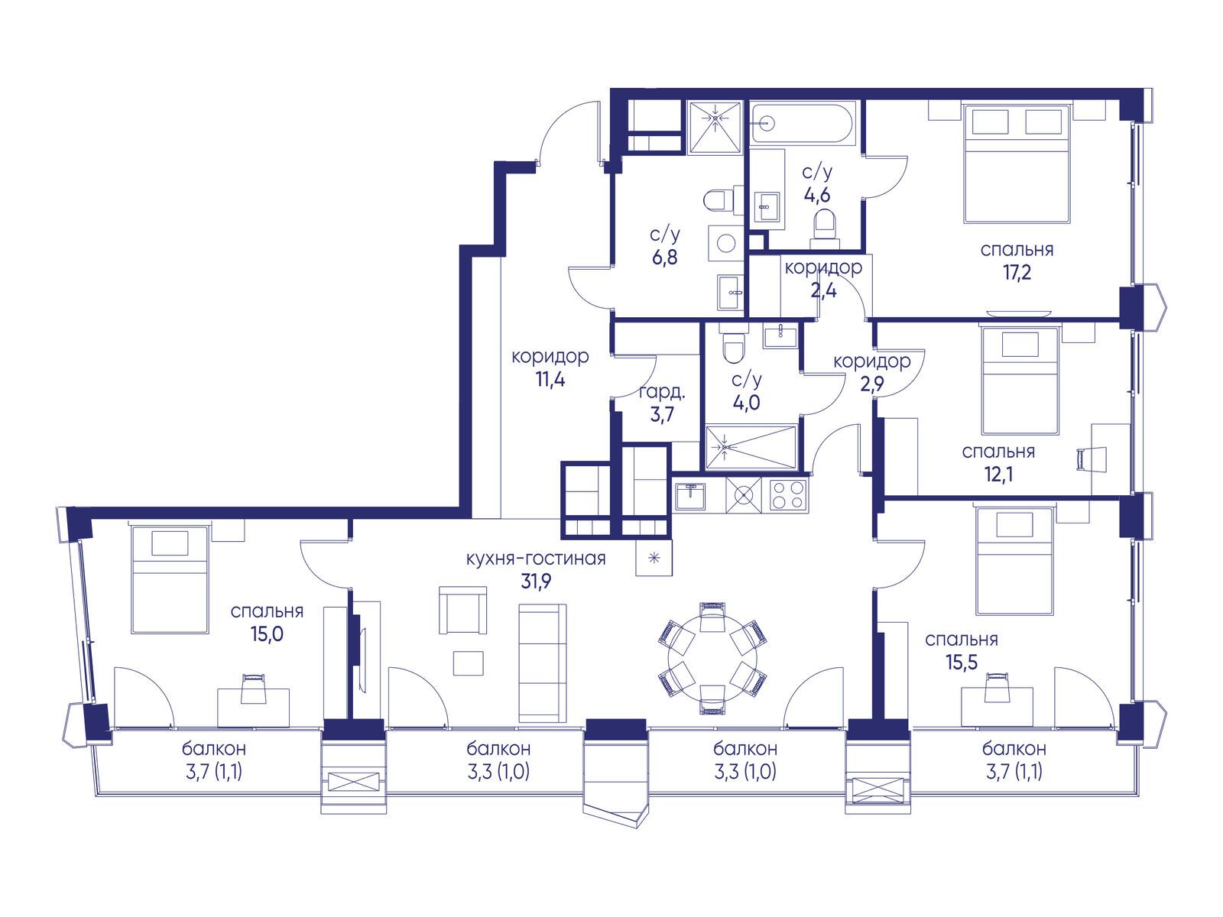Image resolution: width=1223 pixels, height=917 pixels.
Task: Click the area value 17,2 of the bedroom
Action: [x=1017, y=273]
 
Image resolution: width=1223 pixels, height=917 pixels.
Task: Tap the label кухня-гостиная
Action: [x=536, y=559]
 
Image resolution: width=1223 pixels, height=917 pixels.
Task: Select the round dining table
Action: [x=712, y=657]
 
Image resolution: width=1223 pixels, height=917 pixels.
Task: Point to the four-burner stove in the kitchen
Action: [x=788, y=494]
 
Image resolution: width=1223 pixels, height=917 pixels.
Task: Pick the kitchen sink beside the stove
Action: [x=689, y=495]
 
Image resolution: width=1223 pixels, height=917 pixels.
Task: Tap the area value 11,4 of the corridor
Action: [x=550, y=380]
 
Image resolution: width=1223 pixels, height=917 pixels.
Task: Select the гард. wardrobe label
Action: [x=662, y=392]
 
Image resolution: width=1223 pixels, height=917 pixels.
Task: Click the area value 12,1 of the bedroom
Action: [x=998, y=475]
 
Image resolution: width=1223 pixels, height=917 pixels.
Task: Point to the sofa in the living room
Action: [x=542, y=663]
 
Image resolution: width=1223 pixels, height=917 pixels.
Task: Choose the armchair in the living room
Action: [x=462, y=611]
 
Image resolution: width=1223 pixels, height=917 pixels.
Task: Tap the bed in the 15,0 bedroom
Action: [x=170, y=579]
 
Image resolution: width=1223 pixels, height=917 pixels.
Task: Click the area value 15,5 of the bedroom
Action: [x=961, y=663]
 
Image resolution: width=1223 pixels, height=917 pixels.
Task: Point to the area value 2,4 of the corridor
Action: [x=823, y=290]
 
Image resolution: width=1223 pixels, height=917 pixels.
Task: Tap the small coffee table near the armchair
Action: [x=468, y=663]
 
